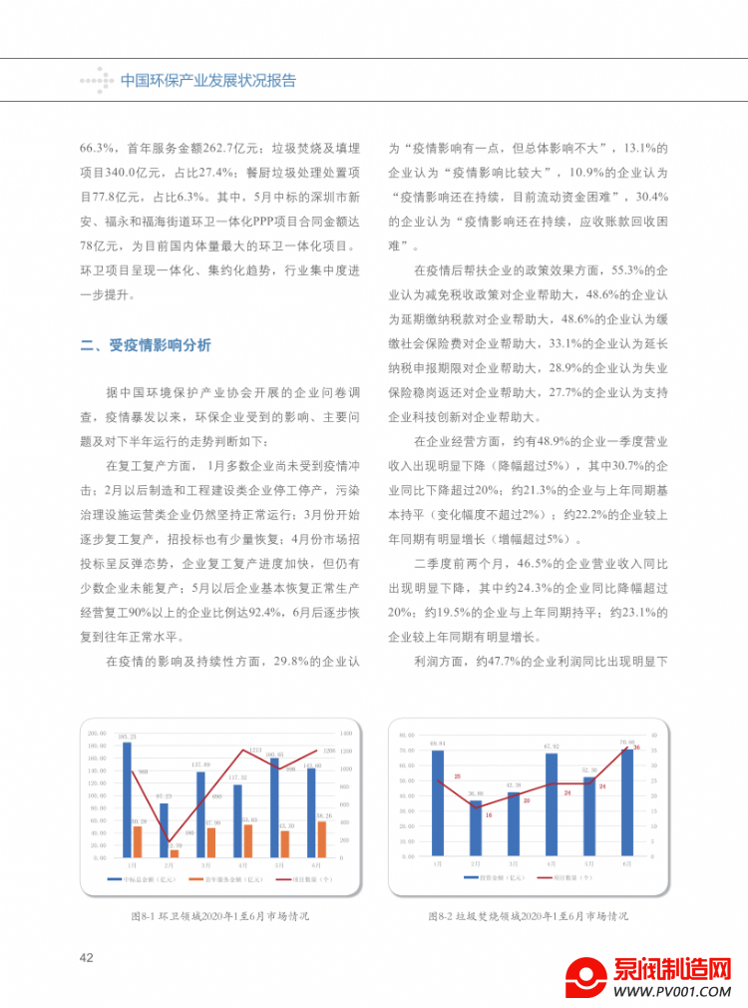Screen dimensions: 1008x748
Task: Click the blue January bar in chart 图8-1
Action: pyautogui.click(x=127, y=798)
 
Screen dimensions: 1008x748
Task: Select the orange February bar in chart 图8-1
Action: pyautogui.click(x=175, y=852)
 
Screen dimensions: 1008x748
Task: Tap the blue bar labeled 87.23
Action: pyautogui.click(x=164, y=829)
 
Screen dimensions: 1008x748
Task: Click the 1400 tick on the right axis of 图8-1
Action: pyautogui.click(x=346, y=733)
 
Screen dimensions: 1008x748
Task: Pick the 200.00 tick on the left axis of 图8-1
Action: pyautogui.click(x=98, y=733)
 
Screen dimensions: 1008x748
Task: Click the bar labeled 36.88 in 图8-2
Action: pyautogui.click(x=476, y=827)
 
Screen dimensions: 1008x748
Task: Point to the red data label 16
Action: pyautogui.click(x=489, y=815)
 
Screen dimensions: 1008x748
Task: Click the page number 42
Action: pyautogui.click(x=86, y=957)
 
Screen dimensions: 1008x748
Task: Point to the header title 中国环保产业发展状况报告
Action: pyautogui.click(x=207, y=81)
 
